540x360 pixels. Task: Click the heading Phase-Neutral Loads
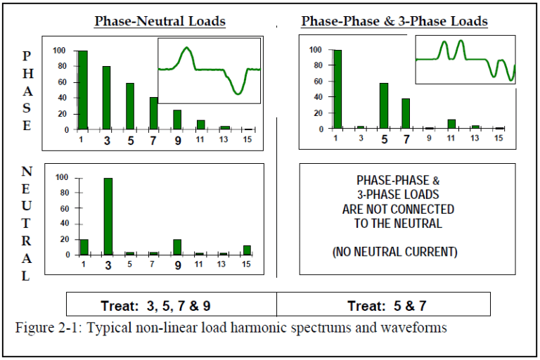coord(160,21)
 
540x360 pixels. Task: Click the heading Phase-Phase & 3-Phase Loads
coord(394,21)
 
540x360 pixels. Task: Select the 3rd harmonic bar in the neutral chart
coord(108,217)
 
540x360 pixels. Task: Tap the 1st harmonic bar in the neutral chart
coord(84,247)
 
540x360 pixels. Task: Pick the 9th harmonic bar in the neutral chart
coord(177,247)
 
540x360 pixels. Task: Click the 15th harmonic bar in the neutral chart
coord(247,250)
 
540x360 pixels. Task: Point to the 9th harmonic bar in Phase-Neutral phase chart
coord(177,120)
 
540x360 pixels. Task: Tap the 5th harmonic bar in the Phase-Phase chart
coord(384,106)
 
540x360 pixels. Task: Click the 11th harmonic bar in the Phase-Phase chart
coord(452,124)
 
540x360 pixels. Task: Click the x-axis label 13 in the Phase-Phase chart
coord(475,139)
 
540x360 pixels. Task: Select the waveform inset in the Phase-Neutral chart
coord(209,70)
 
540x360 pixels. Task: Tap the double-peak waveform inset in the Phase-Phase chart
coord(465,60)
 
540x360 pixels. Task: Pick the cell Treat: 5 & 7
coord(383,304)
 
